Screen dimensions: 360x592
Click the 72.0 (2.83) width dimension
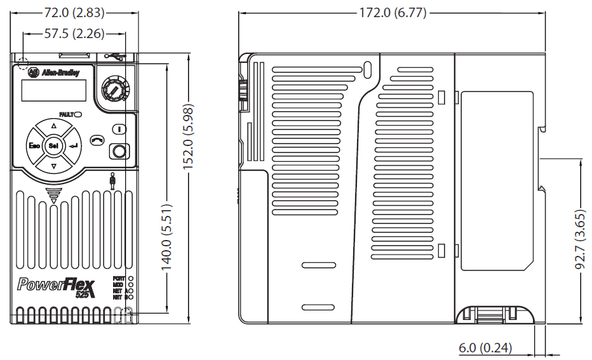point(75,12)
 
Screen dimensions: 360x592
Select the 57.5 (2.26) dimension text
point(74,34)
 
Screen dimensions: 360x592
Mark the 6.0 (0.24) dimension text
point(485,348)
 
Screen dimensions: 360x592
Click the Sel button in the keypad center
point(53,147)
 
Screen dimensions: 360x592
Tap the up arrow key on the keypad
point(53,126)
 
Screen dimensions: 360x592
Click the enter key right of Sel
point(74,147)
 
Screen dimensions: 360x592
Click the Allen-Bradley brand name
point(60,74)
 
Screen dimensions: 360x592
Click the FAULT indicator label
point(67,114)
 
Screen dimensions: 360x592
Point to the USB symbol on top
point(114,57)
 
